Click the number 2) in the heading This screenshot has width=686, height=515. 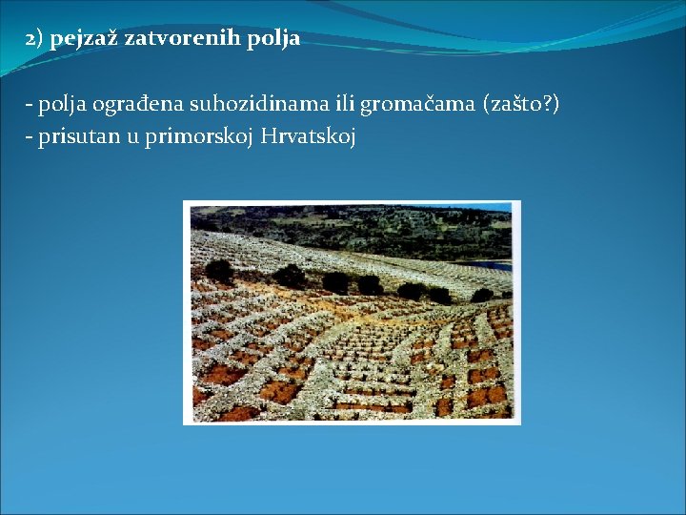click(34, 39)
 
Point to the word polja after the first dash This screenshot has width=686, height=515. click(60, 105)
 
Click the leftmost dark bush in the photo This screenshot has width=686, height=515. click(218, 271)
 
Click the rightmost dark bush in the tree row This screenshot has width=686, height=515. click(482, 296)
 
